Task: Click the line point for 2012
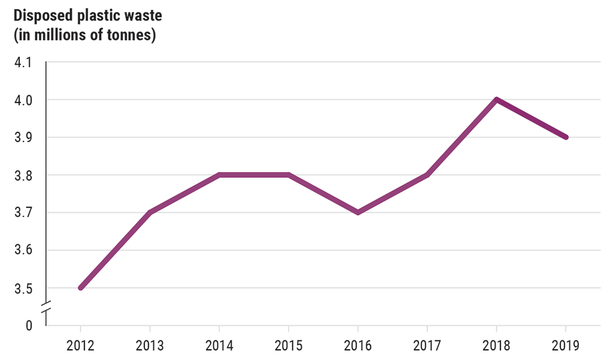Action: coord(80,288)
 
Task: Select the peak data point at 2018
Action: coord(496,99)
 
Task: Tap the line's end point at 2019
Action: coord(566,137)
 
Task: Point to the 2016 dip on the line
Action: coord(358,213)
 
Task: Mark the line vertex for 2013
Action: coord(150,213)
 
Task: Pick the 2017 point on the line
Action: coord(427,175)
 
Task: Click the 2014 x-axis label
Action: coord(219,346)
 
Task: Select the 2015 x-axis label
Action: coord(289,346)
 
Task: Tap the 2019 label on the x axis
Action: coord(566,346)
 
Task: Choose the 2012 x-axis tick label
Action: coord(80,346)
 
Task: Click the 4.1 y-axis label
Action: coord(23,62)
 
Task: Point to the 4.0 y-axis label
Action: coord(23,100)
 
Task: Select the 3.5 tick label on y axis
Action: coord(23,288)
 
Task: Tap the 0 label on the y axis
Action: coord(29,326)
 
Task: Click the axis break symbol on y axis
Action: coord(46,307)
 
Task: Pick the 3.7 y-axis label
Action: coord(23,213)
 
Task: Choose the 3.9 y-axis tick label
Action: coord(23,138)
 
